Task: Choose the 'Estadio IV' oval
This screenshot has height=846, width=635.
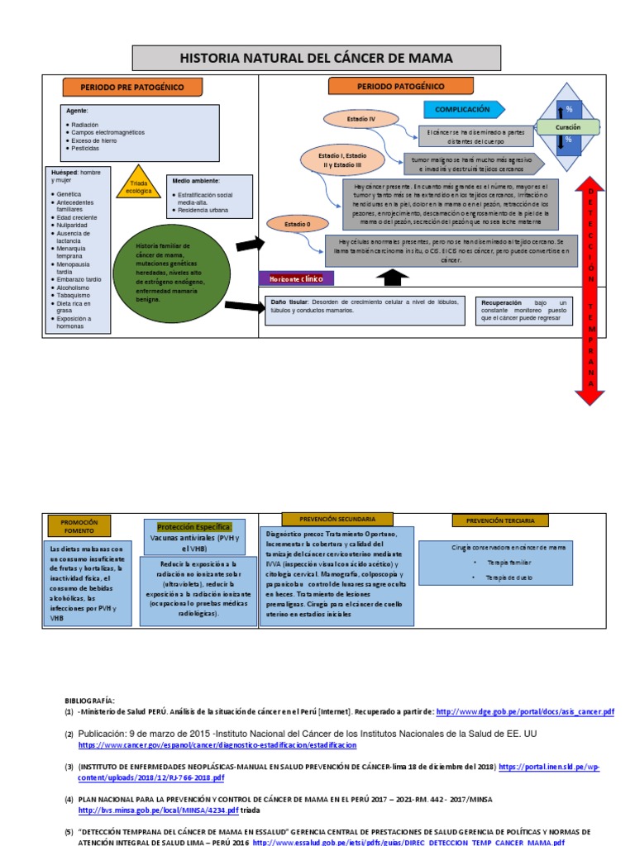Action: [x=361, y=120]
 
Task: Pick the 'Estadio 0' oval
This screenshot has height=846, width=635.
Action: [x=297, y=223]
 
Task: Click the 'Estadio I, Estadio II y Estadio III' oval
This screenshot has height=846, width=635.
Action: [x=342, y=159]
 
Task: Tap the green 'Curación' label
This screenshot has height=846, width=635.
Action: [x=567, y=127]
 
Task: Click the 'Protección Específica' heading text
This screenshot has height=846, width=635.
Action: [x=194, y=527]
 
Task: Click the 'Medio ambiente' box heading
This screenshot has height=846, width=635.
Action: [x=196, y=180]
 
